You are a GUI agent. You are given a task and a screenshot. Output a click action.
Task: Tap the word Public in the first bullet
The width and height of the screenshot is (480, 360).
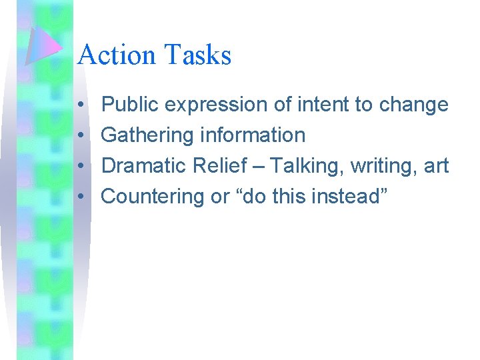click(x=130, y=105)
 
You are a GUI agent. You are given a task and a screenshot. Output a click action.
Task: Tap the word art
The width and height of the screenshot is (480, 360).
click(x=436, y=167)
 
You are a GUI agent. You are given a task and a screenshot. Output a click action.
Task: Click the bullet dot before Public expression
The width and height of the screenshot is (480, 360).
click(x=80, y=105)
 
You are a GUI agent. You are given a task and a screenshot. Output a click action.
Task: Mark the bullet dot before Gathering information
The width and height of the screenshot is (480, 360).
click(x=80, y=136)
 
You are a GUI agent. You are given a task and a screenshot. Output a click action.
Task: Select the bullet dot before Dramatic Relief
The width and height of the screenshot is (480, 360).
click(x=80, y=167)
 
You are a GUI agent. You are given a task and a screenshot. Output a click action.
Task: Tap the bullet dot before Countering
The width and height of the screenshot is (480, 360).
click(x=80, y=197)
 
